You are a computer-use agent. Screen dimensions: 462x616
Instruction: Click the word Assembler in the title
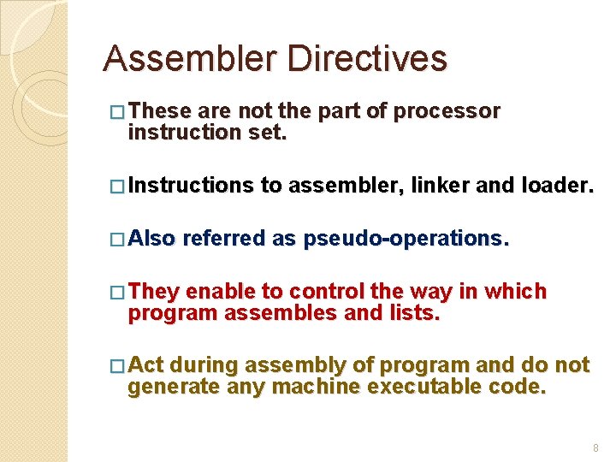coord(189,59)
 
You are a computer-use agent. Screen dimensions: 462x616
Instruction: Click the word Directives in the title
coord(367,59)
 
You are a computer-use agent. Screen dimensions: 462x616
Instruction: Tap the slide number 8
coord(595,447)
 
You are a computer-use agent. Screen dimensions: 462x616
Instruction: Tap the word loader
coord(556,185)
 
